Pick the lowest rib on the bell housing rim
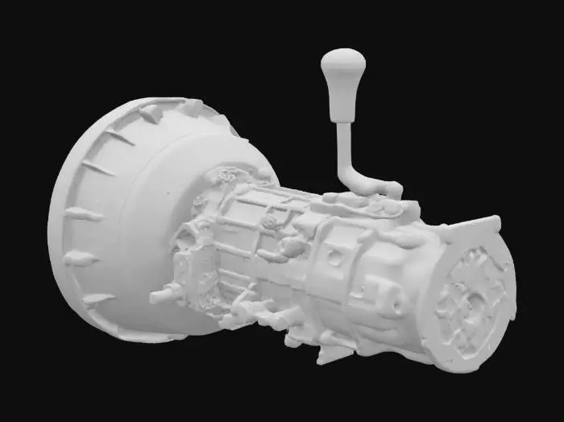(x=97, y=300)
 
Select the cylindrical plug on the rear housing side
(x=394, y=298)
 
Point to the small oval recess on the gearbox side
(x=332, y=259)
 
